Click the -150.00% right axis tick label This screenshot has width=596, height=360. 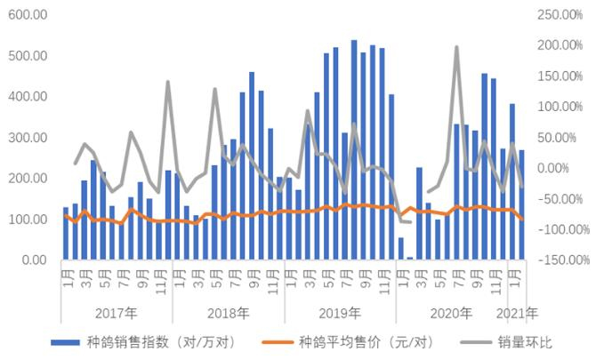pos(557,260)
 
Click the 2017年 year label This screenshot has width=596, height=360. pos(116,313)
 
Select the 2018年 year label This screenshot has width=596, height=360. pos(228,313)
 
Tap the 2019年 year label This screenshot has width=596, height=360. pos(340,313)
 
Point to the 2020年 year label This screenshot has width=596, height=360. pos(452,313)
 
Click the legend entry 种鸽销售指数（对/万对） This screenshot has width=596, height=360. pos(142,341)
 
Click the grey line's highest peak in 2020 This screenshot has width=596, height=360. pos(456,47)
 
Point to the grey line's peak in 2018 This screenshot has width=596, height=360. pos(214,89)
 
